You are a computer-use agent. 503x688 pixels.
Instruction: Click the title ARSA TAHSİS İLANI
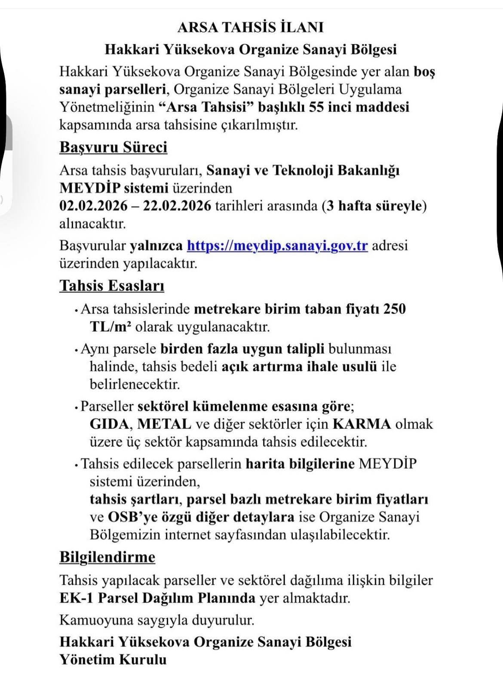click(x=250, y=28)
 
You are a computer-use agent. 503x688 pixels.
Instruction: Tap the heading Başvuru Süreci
click(x=113, y=147)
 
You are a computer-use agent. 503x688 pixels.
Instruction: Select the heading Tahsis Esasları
click(x=112, y=286)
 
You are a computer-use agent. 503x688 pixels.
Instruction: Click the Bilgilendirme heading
click(x=107, y=557)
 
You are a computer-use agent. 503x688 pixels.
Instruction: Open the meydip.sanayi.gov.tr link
click(x=277, y=246)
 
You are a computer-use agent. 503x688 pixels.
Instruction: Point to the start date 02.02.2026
click(x=93, y=206)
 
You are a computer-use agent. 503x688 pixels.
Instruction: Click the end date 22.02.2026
click(x=178, y=206)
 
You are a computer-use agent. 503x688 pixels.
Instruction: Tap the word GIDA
click(x=109, y=424)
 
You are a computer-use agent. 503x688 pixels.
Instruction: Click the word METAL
click(x=165, y=424)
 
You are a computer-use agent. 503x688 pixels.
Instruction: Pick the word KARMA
click(x=362, y=424)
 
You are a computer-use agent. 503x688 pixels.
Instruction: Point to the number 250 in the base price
click(x=395, y=309)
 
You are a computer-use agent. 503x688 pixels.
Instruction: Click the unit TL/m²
click(x=110, y=327)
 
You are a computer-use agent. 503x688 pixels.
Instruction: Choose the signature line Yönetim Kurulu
click(x=113, y=660)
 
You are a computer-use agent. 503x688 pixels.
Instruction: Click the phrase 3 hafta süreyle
click(x=374, y=206)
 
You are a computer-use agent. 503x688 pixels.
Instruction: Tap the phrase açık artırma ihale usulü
click(x=300, y=367)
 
